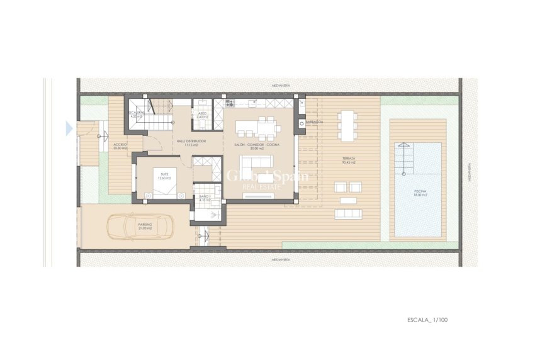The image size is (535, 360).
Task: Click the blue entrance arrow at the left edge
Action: pyautogui.click(x=69, y=129)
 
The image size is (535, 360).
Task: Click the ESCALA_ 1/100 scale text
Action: pyautogui.click(x=426, y=320)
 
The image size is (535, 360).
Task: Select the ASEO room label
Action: pyautogui.click(x=202, y=114)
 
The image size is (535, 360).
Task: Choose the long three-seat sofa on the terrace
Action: pyautogui.click(x=348, y=213)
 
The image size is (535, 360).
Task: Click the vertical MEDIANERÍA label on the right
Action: pyautogui.click(x=470, y=172)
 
